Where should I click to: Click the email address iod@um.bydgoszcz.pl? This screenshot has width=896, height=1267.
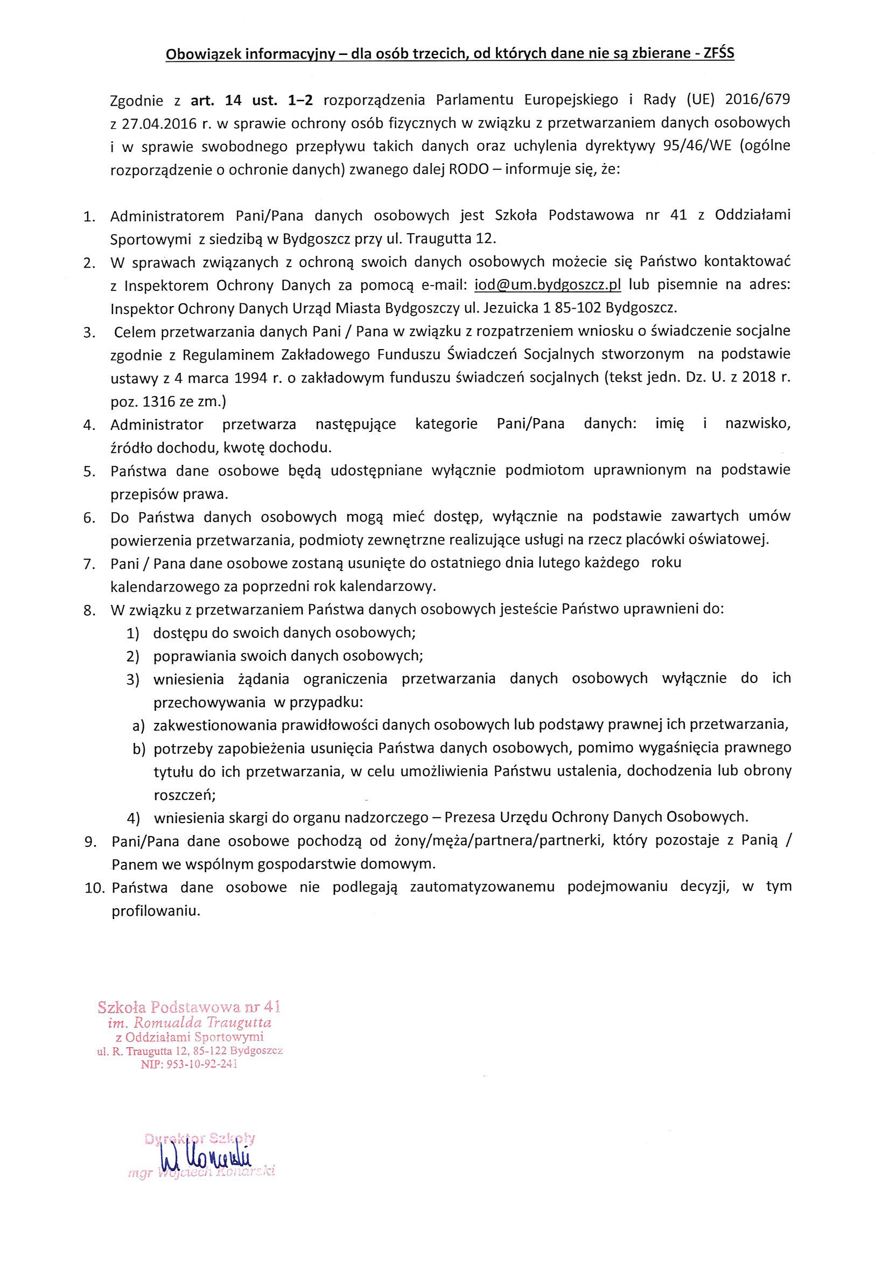click(x=548, y=285)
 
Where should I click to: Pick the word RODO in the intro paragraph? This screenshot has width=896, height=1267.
click(x=468, y=169)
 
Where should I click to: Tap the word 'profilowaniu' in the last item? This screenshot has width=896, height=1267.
click(x=156, y=910)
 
